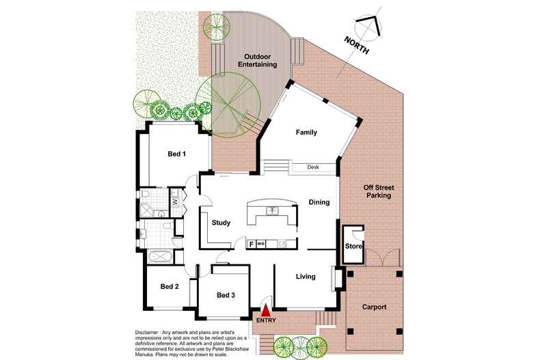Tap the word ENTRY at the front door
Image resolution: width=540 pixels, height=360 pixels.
(266, 320)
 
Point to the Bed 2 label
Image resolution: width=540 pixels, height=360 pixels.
(169, 286)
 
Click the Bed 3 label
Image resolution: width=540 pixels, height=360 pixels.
(226, 295)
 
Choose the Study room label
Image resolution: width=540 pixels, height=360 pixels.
(221, 223)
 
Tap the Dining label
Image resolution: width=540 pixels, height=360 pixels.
(319, 202)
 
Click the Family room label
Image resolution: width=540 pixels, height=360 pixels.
(306, 132)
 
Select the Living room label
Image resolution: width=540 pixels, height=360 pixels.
(306, 277)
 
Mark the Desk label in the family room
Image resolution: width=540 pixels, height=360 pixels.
(313, 167)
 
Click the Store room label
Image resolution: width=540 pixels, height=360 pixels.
(353, 246)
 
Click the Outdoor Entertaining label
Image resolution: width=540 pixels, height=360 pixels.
(257, 59)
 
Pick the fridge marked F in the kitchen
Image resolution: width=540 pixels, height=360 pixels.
(251, 243)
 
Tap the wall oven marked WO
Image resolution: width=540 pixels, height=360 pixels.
(260, 243)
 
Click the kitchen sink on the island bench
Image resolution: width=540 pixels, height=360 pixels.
(271, 210)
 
